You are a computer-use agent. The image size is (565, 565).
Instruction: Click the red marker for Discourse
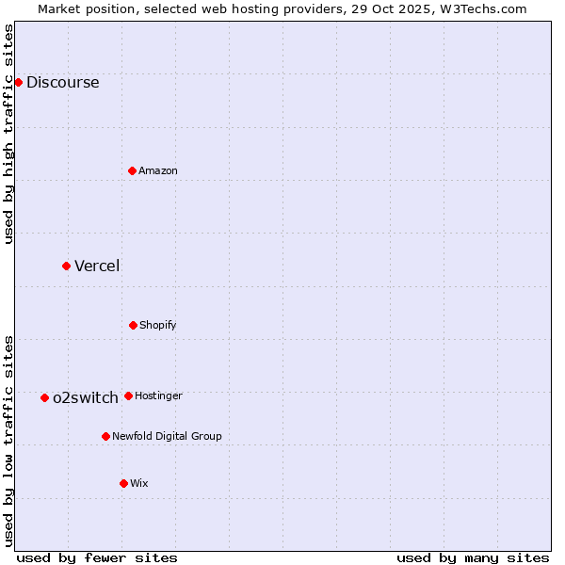click(x=18, y=82)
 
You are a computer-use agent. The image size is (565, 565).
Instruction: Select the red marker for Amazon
click(x=132, y=170)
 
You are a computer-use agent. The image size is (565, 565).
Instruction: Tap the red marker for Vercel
click(x=66, y=266)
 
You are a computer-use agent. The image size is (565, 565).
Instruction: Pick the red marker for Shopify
click(x=133, y=325)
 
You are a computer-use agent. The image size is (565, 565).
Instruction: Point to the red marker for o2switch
click(x=44, y=397)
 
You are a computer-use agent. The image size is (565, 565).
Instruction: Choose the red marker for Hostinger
click(x=128, y=395)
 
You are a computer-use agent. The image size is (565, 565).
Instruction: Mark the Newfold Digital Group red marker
click(x=105, y=436)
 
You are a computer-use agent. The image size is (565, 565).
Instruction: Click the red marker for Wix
click(x=123, y=483)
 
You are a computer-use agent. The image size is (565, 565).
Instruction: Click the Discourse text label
click(x=62, y=82)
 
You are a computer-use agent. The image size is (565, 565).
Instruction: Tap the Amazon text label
click(x=157, y=170)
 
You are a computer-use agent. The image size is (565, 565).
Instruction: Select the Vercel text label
click(x=97, y=266)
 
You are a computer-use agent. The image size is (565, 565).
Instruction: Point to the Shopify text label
click(x=157, y=325)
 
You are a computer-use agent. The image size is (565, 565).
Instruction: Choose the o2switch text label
click(x=85, y=397)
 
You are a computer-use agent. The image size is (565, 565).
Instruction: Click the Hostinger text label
click(x=158, y=395)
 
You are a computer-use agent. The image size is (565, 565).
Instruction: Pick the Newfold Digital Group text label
click(x=167, y=436)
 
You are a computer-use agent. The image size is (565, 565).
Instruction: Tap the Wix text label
click(x=138, y=483)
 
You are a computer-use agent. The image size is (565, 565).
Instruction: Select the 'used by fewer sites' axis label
click(x=97, y=557)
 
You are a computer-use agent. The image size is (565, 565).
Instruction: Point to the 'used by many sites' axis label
click(x=473, y=557)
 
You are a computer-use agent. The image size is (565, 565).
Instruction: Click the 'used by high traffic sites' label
click(x=8, y=134)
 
